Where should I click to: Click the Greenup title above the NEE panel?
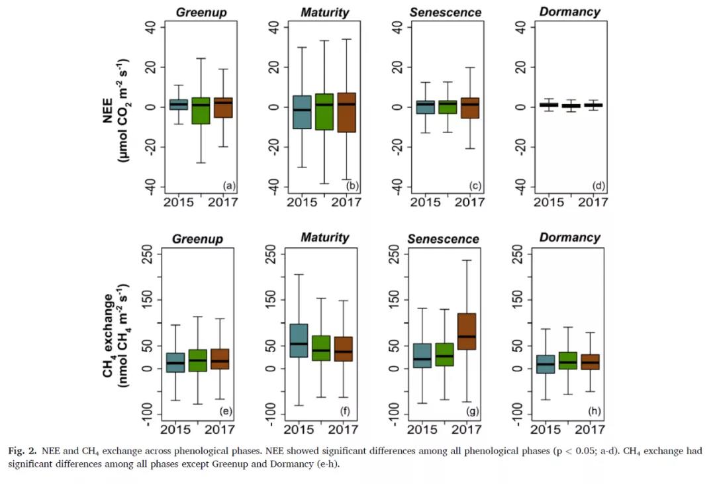click(x=197, y=11)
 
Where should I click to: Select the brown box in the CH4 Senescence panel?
click(x=467, y=331)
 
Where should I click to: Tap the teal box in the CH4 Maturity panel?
click(x=299, y=340)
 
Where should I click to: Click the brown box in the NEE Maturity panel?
click(x=346, y=113)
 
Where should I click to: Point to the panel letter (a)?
click(x=229, y=186)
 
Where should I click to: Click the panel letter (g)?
click(x=472, y=412)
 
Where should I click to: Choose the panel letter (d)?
click(x=595, y=186)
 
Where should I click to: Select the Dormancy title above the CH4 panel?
click(x=570, y=237)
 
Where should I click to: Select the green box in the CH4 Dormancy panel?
click(x=567, y=360)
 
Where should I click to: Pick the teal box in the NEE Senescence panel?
click(x=425, y=107)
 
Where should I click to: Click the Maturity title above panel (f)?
click(x=324, y=237)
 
